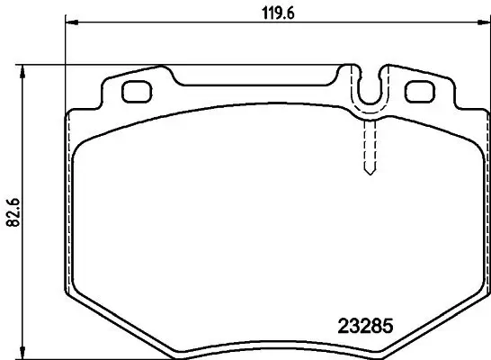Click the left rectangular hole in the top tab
(136, 92)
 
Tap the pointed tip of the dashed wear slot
(367, 173)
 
